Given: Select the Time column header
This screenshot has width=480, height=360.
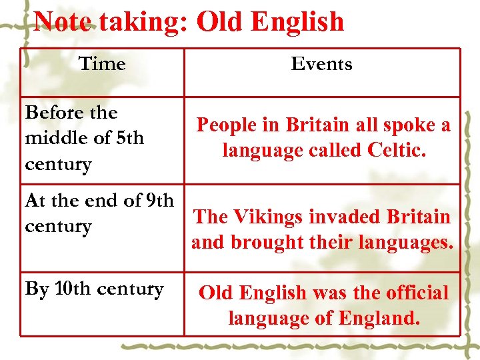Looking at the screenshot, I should [102, 64].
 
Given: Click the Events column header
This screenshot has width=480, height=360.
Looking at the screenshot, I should [321, 64].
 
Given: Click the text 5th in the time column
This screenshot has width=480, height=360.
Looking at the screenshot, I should [130, 138].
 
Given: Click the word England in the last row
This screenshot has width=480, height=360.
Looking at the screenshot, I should [379, 318].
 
